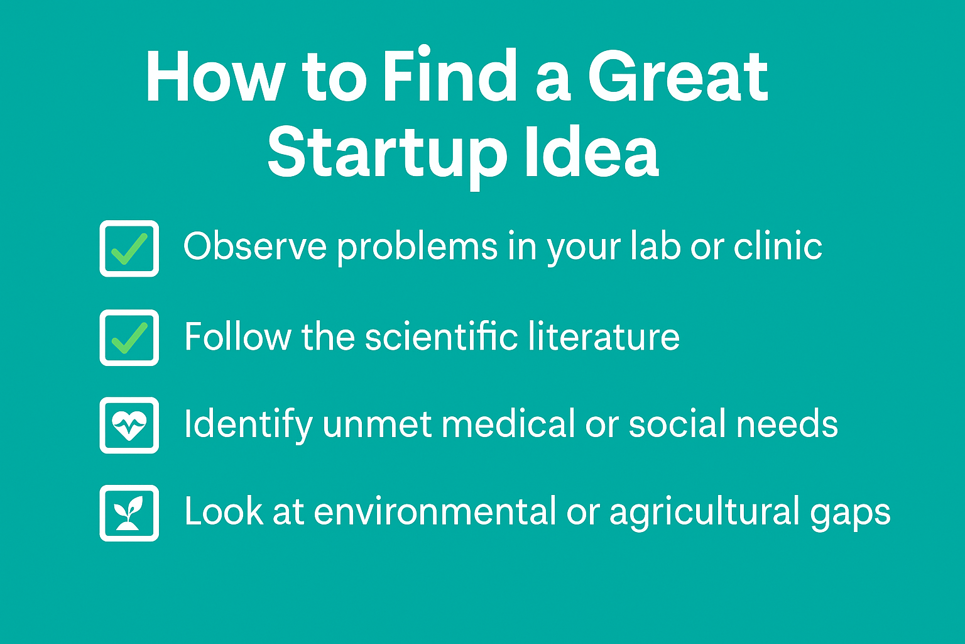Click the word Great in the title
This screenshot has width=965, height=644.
click(x=678, y=76)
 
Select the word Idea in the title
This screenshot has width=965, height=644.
click(x=592, y=150)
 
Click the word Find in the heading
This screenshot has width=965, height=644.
click(x=449, y=74)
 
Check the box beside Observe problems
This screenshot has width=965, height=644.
click(x=129, y=248)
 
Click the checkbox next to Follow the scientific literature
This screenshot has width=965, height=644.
click(x=129, y=338)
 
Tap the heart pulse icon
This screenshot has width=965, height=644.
click(x=129, y=425)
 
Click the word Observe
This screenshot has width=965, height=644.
click(x=255, y=245)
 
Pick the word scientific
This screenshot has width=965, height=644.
click(x=442, y=336)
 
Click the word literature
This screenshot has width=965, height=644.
click(x=604, y=336)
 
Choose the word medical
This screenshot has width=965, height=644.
click(x=508, y=423)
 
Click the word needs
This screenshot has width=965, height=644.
click(x=787, y=423)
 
